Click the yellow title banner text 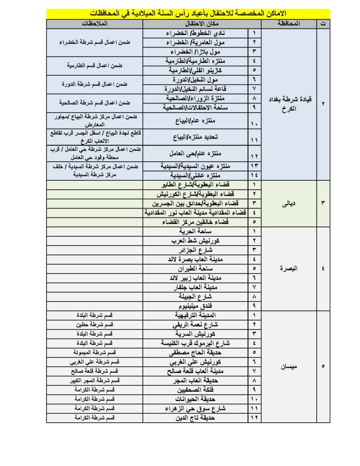pyautogui.click(x=188, y=13)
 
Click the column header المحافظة pyautogui.click(x=289, y=24)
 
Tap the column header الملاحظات pyautogui.click(x=94, y=24)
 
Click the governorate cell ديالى pyautogui.click(x=289, y=204)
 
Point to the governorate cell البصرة pyautogui.click(x=289, y=269)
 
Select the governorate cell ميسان pyautogui.click(x=289, y=366)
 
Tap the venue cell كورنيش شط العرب pyautogui.click(x=195, y=241)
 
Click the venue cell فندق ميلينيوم pyautogui.click(x=195, y=306)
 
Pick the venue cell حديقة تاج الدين pyautogui.click(x=195, y=418)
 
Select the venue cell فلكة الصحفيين pyautogui.click(x=195, y=390)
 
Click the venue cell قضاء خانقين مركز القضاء pyautogui.click(x=195, y=222)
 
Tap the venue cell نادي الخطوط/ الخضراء pyautogui.click(x=195, y=33)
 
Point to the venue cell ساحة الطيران pyautogui.click(x=195, y=269)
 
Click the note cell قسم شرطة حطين pyautogui.click(x=94, y=324)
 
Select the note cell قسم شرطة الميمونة pyautogui.click(x=94, y=352)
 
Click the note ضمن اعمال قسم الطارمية pyautogui.click(x=94, y=66)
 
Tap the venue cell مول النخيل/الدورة pyautogui.click(x=195, y=79)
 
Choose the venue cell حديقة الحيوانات pyautogui.click(x=195, y=399)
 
